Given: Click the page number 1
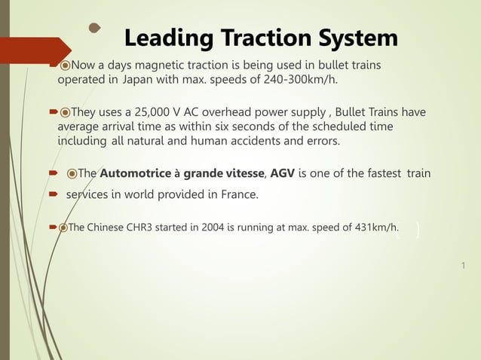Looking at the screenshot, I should (462, 265).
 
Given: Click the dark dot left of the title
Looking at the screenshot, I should (94, 29).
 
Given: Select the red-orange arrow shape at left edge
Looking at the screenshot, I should (34, 52).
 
